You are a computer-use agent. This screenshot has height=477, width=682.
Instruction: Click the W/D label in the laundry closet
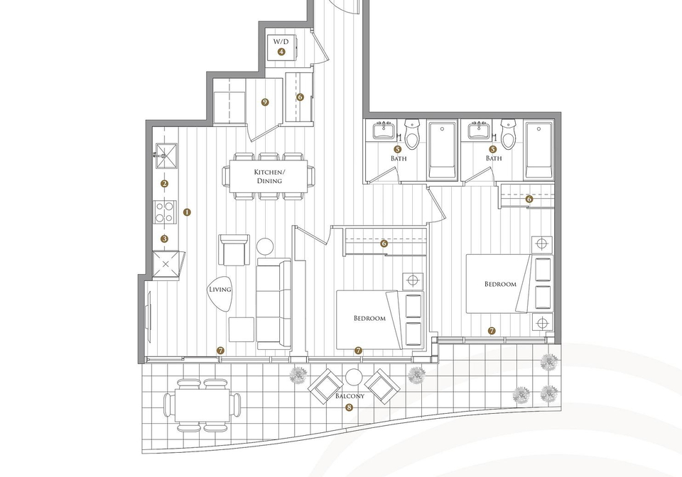(x=281, y=42)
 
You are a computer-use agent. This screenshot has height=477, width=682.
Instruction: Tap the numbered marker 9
(x=265, y=102)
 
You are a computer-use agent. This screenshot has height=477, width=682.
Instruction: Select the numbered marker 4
(x=281, y=52)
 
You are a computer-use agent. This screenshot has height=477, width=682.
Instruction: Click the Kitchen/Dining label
(x=269, y=176)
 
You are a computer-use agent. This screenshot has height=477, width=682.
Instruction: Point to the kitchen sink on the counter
(x=166, y=155)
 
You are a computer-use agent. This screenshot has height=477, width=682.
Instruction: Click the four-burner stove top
(x=166, y=212)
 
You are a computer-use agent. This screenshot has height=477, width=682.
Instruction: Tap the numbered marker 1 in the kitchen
(x=187, y=212)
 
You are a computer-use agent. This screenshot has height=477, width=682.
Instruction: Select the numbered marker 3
(x=164, y=239)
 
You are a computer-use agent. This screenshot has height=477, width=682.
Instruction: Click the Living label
(x=220, y=290)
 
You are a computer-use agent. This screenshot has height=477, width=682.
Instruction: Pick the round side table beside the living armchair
(x=265, y=246)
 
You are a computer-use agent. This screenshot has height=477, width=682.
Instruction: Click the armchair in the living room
(x=234, y=250)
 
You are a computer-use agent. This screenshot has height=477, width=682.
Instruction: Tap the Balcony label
(x=350, y=396)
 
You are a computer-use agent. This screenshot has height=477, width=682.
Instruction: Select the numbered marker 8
(x=348, y=407)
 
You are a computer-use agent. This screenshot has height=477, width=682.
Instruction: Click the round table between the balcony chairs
(x=354, y=377)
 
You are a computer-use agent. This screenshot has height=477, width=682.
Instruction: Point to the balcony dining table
(x=202, y=405)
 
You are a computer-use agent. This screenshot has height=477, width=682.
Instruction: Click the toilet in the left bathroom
(x=411, y=134)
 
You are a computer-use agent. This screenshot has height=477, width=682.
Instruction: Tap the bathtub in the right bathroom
(x=539, y=150)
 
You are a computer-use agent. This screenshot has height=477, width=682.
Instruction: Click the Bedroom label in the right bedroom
(x=501, y=284)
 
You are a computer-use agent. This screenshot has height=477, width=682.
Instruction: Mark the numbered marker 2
(x=164, y=184)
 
